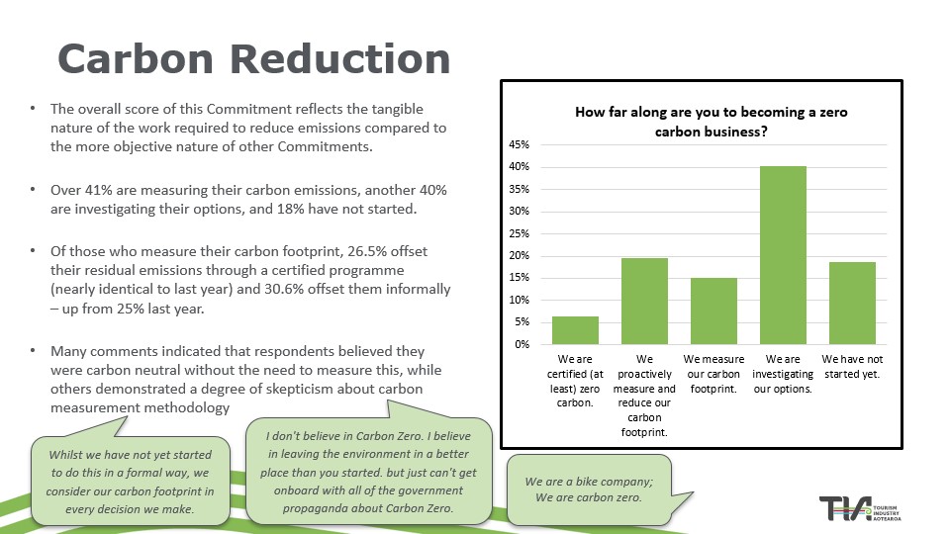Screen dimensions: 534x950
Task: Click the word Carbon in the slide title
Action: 139,58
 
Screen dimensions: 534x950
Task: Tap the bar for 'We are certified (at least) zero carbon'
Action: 575,330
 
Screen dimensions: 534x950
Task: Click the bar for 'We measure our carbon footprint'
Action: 713,311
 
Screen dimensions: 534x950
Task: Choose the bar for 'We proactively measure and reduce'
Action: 644,301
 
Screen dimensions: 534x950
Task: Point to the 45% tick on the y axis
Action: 520,144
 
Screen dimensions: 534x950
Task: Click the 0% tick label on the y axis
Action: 522,344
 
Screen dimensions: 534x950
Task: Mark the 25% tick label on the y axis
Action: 520,233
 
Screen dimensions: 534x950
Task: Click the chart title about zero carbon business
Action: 712,122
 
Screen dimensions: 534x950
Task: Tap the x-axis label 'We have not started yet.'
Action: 852,367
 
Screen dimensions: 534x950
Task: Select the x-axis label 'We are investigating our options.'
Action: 783,374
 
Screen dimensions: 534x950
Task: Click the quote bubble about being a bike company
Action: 589,489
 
